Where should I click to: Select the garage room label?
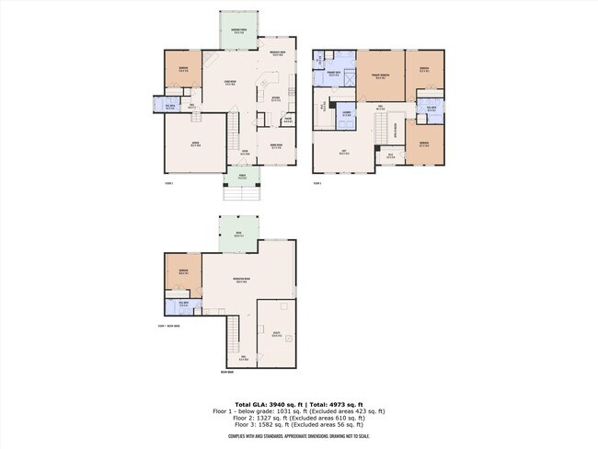pos(195,144)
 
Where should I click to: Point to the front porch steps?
pos(242,194)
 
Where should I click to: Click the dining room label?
pos(276,146)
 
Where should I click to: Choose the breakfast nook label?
pos(276,53)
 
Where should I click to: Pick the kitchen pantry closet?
pos(288,119)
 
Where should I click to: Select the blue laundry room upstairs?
pos(348,114)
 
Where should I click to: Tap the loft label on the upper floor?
pos(344,153)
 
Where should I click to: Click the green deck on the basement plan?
pos(238,235)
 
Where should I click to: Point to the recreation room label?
pos(241,282)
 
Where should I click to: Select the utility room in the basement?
pos(276,335)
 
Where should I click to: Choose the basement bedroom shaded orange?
pos(183,272)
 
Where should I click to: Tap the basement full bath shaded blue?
pos(184,303)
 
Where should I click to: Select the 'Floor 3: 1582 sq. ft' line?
pos(299,424)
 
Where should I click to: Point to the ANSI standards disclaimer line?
pos(299,439)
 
